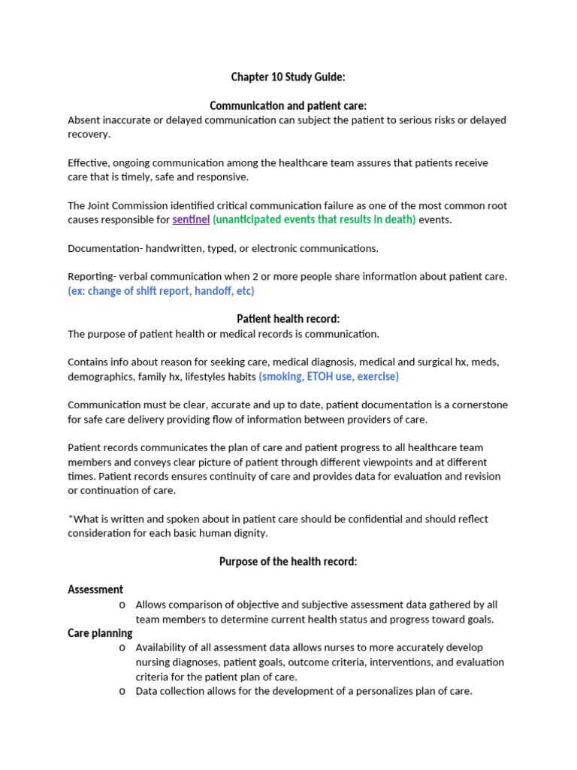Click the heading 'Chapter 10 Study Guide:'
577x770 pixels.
pos(288,77)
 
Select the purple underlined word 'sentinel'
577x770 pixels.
pos(191,220)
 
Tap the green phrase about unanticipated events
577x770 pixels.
pos(314,220)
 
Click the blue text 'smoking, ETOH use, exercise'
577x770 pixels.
pos(329,376)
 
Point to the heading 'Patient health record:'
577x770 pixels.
pos(288,319)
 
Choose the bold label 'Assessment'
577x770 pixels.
pos(95,590)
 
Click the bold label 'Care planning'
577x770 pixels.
pos(100,633)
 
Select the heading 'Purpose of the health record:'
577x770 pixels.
pos(288,562)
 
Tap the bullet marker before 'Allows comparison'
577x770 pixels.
pos(122,605)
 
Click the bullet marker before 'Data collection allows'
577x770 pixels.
pos(122,691)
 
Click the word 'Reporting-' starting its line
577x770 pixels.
pos(92,276)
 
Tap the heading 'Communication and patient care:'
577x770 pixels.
pos(288,106)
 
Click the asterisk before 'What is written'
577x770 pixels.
pos(70,518)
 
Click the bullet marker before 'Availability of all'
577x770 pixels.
pos(122,648)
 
